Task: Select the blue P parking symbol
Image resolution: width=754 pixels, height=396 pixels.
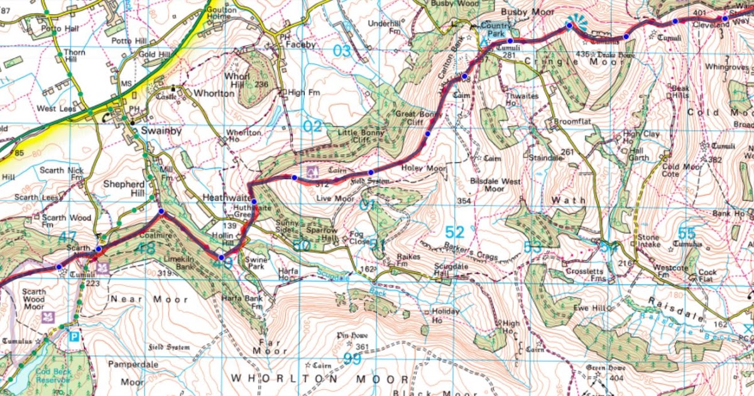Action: click(x=74, y=336)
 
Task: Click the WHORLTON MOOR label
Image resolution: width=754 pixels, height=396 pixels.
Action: click(x=320, y=379)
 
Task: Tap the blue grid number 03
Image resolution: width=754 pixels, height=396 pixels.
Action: click(x=341, y=51)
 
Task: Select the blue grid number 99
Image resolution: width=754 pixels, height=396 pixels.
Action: click(x=352, y=358)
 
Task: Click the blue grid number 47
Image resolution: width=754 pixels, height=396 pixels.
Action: click(x=67, y=238)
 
